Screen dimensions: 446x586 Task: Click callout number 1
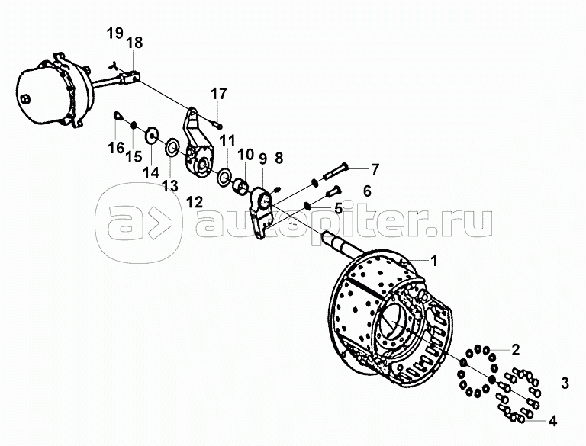click(x=433, y=261)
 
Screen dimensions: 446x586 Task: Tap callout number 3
click(x=565, y=383)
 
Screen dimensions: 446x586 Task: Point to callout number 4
click(x=552, y=419)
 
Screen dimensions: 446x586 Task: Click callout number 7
click(x=374, y=168)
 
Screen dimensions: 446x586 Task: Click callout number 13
click(x=169, y=184)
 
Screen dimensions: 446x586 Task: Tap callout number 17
click(x=219, y=95)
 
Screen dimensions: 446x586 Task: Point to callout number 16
click(x=115, y=147)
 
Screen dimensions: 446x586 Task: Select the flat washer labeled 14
click(x=152, y=136)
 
